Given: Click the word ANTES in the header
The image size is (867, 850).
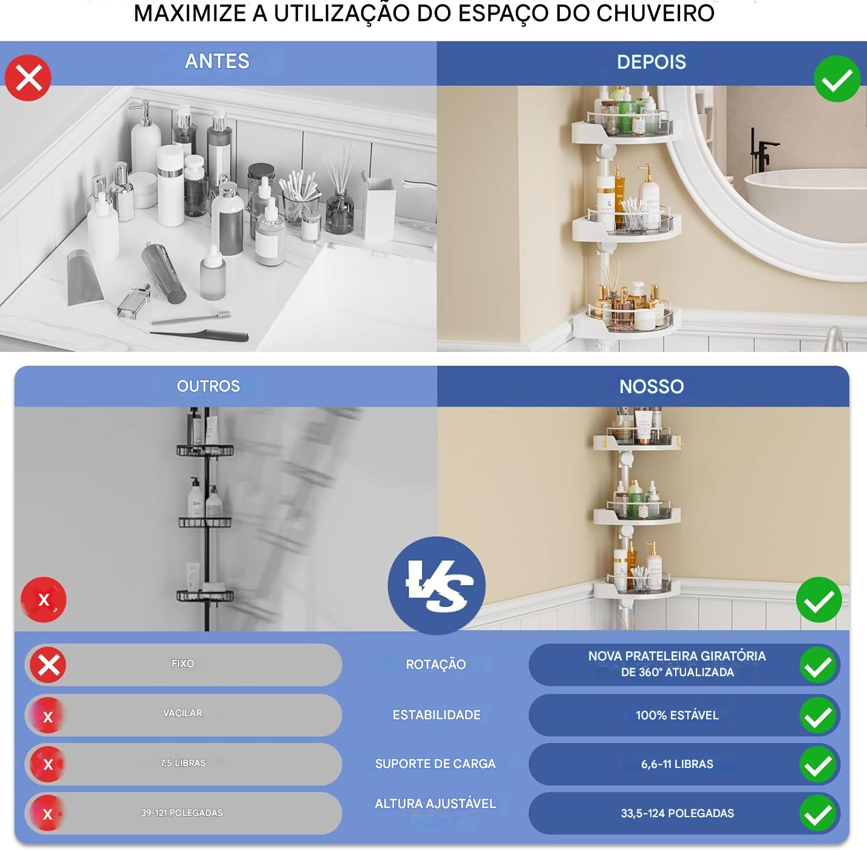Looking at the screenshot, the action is pyautogui.click(x=217, y=61).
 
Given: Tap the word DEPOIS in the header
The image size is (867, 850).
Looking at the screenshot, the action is pyautogui.click(x=651, y=62).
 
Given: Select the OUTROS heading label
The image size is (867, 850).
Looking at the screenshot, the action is pyautogui.click(x=208, y=386).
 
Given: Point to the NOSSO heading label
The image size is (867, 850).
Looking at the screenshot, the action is pyautogui.click(x=651, y=386).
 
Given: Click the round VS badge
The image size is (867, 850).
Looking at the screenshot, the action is pyautogui.click(x=437, y=585).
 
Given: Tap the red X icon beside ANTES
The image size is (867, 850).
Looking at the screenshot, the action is pyautogui.click(x=28, y=78).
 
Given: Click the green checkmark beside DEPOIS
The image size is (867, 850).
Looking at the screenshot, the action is pyautogui.click(x=837, y=79).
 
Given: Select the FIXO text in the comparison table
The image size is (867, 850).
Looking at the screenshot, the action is pyautogui.click(x=183, y=663).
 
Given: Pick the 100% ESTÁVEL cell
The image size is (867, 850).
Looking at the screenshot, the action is pyautogui.click(x=677, y=715).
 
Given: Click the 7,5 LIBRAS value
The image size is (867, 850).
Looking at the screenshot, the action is pyautogui.click(x=183, y=763).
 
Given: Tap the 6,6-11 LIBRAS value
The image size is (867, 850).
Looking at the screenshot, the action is pyautogui.click(x=677, y=764).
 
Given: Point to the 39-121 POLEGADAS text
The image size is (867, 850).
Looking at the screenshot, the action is pyautogui.click(x=182, y=812).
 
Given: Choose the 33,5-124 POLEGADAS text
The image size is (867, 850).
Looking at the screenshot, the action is pyautogui.click(x=677, y=813).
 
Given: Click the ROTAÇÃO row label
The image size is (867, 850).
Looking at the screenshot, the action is pyautogui.click(x=435, y=665).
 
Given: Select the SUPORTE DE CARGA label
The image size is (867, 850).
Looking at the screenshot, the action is pyautogui.click(x=435, y=764).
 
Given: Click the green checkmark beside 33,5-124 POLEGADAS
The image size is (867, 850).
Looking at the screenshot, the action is pyautogui.click(x=817, y=814).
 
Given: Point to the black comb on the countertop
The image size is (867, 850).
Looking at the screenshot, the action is pyautogui.click(x=199, y=335).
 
